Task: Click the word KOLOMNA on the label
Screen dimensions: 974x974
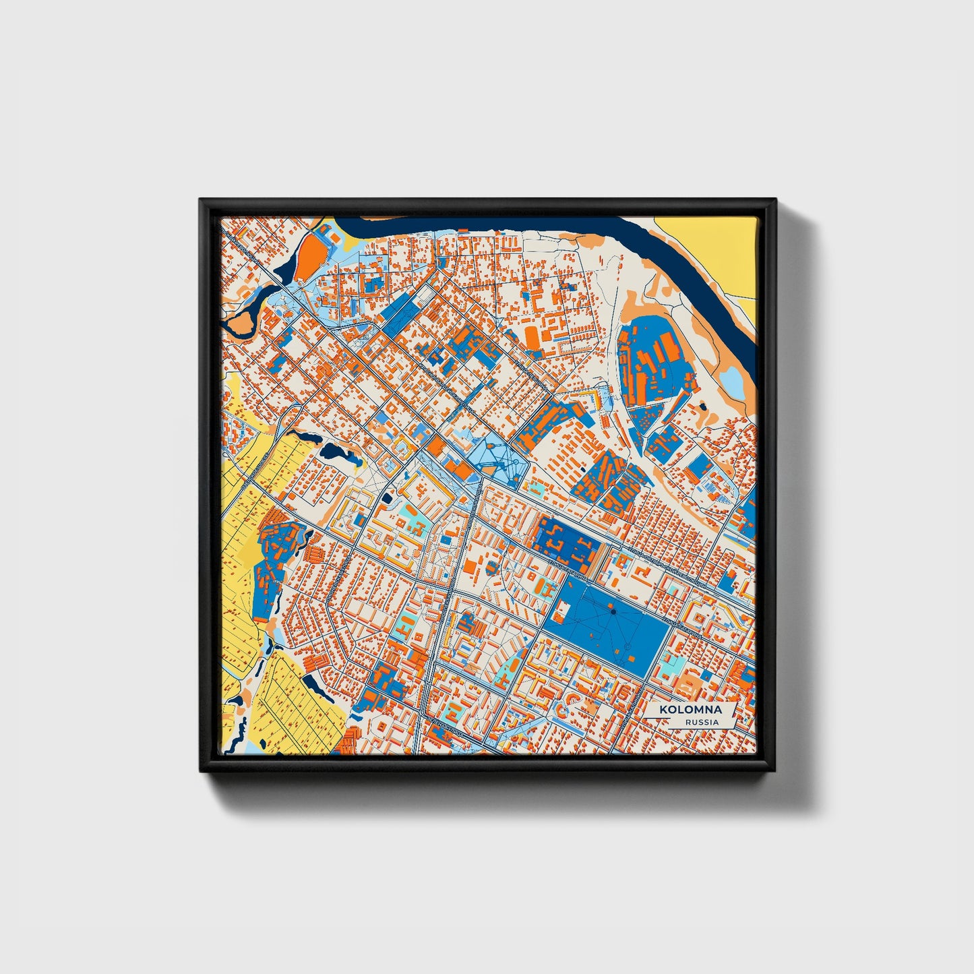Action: click(x=690, y=710)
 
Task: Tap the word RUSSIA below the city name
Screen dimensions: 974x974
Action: click(x=702, y=722)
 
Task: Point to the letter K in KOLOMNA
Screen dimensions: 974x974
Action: click(x=663, y=710)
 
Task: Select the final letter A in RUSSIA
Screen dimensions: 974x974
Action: click(x=715, y=722)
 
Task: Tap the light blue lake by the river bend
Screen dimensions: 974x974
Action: click(x=733, y=381)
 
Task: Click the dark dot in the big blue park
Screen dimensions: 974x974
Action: click(x=613, y=611)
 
